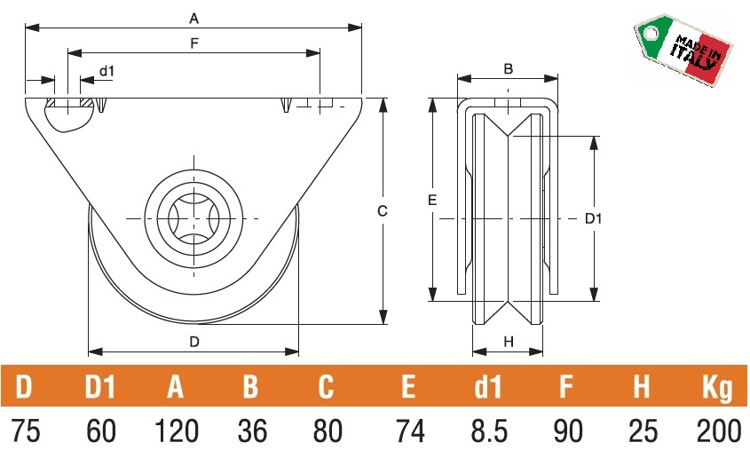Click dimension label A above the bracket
(194, 18)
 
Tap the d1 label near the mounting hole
(107, 70)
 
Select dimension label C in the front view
(382, 211)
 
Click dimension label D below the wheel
(193, 342)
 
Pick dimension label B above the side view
(508, 68)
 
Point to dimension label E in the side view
(432, 201)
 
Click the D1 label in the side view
(595, 218)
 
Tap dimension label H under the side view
(508, 342)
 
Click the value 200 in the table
(718, 431)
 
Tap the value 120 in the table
(176, 431)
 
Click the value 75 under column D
(27, 431)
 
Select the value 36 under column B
(252, 431)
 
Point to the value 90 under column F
(565, 431)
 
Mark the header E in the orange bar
(407, 387)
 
